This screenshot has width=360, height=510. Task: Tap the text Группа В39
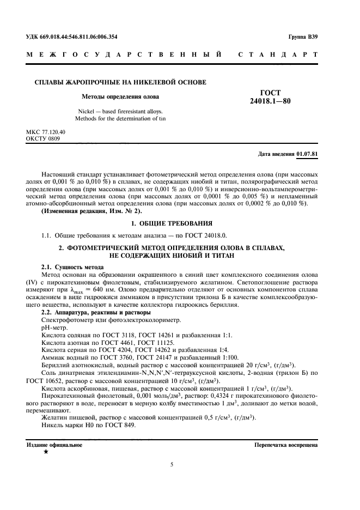[303, 37]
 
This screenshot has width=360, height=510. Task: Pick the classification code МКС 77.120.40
[45, 132]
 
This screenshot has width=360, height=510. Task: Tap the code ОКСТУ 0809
[42, 139]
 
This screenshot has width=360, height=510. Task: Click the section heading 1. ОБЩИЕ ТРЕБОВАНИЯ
[172, 224]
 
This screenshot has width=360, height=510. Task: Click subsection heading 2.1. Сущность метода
[72, 268]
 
